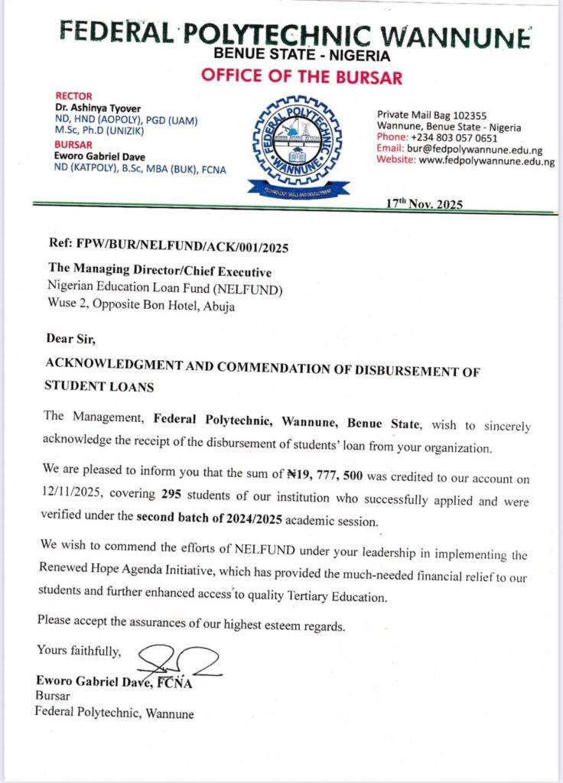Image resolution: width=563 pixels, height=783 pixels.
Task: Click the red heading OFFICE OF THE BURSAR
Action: (301, 77)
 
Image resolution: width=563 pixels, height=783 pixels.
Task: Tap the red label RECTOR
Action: (75, 96)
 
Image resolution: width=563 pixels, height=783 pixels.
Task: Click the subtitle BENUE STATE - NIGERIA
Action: (301, 55)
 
